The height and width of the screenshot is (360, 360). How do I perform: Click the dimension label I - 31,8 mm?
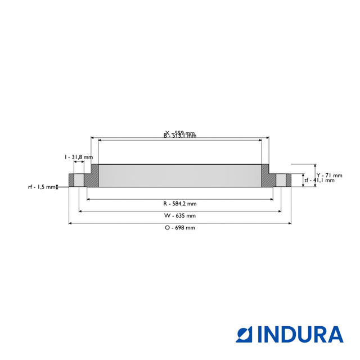pyautogui.click(x=78, y=157)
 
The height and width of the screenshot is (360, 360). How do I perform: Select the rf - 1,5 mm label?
pyautogui.click(x=42, y=187)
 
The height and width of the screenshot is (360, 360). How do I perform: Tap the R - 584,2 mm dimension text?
pyautogui.click(x=179, y=203)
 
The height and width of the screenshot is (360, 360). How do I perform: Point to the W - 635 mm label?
pyautogui.click(x=179, y=215)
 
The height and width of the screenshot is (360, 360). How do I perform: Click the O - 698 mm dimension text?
pyautogui.click(x=179, y=228)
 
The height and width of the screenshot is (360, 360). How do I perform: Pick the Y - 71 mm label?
pyautogui.click(x=326, y=175)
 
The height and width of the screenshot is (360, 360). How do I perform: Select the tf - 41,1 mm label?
pyautogui.click(x=319, y=181)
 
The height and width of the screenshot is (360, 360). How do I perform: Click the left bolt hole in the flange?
pyautogui.click(x=79, y=180)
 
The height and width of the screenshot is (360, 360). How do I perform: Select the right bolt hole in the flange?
pyautogui.click(x=280, y=180)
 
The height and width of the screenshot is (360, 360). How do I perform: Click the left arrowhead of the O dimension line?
pyautogui.click(x=70, y=223)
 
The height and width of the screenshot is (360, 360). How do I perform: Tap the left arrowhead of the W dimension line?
pyautogui.click(x=81, y=211)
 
